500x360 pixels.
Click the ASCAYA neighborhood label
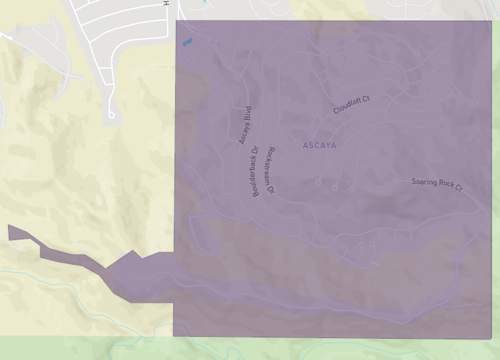319,145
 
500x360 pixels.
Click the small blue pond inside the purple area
186,42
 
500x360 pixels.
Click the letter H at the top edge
166,3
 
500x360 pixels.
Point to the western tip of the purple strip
10,232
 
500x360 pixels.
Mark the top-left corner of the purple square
177,21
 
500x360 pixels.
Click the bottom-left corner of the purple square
176,335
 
